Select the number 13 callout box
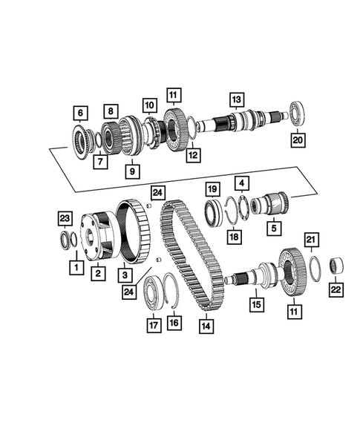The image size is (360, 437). click(x=236, y=100)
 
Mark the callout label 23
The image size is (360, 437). click(x=65, y=217)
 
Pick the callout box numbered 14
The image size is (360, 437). click(x=204, y=324)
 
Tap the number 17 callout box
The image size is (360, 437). click(x=153, y=323)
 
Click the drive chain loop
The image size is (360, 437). click(x=192, y=252)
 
